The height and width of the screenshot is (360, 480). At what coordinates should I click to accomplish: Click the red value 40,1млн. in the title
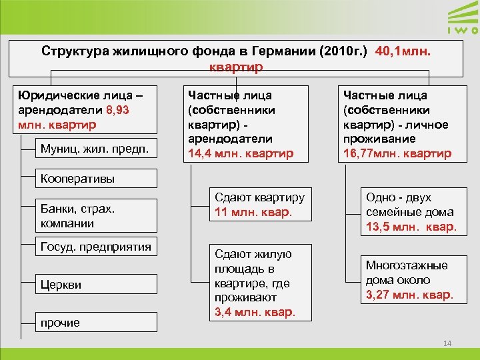coord(407,51)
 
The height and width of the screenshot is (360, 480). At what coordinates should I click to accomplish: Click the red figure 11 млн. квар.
coord(253,213)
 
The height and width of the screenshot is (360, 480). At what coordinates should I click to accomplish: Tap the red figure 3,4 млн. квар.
coord(254,311)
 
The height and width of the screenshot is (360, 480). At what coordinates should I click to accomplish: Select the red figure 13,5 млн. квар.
coord(410,227)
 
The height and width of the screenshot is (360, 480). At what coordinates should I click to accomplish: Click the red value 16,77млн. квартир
coord(396,153)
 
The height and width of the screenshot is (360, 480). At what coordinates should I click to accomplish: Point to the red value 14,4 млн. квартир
coord(241,153)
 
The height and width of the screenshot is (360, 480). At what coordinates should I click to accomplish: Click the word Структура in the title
coord(74,51)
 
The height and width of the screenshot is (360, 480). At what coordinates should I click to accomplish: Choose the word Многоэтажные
coord(407,265)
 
